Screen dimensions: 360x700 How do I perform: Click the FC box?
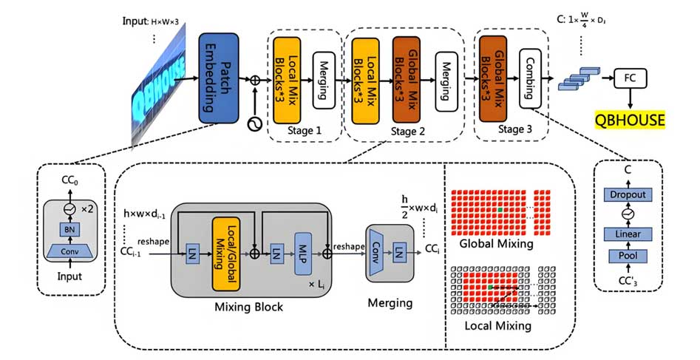pos(629,78)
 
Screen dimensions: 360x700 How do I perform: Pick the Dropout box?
pos(628,194)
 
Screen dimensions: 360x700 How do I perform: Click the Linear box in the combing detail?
pos(628,234)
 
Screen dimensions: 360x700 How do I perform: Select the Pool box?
pos(628,256)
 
